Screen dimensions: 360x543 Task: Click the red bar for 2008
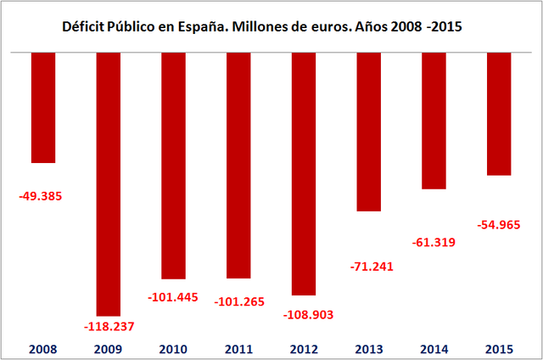[43, 107]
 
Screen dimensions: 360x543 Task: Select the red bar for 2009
[109, 183]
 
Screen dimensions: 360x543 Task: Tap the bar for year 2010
[173, 166]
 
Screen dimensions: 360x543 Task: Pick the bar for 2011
[238, 166]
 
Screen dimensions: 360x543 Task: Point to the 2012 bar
[304, 174]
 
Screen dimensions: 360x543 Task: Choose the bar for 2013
[369, 132]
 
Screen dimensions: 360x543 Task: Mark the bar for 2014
[434, 121]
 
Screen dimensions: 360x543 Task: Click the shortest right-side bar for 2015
[499, 114]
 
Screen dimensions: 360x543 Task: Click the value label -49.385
[41, 196]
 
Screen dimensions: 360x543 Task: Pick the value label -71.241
[372, 267]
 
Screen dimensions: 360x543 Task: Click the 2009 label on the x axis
[109, 348]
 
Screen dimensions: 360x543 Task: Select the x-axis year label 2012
[304, 348]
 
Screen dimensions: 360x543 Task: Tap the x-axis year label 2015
[499, 348]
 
